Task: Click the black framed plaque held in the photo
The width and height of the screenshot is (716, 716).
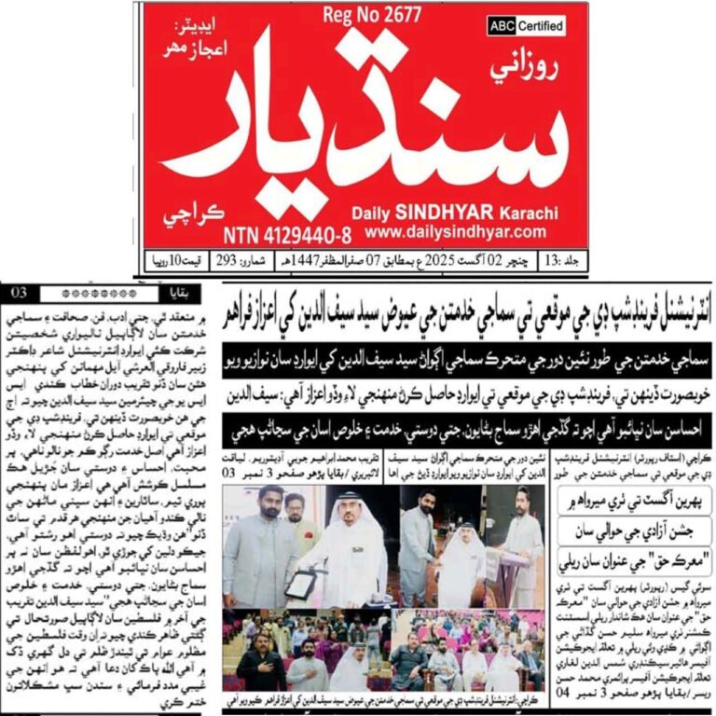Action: [x=300, y=584]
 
